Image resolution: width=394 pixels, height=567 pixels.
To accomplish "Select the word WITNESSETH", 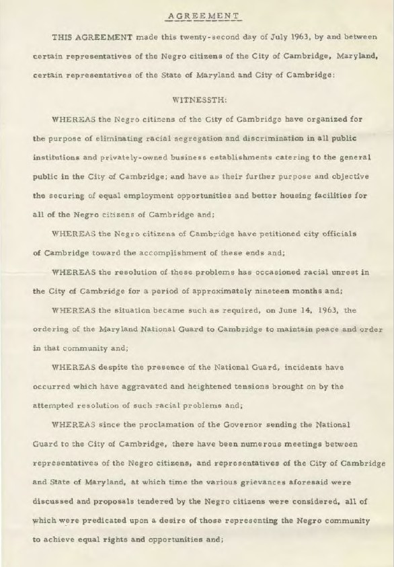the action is (200, 99).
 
